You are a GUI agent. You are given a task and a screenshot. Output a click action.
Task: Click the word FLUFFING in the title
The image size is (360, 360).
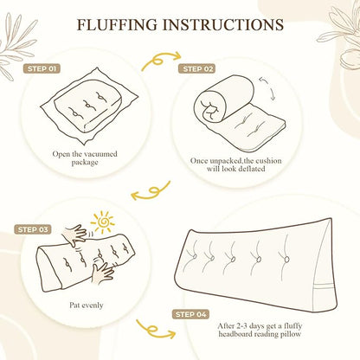(x=118, y=24)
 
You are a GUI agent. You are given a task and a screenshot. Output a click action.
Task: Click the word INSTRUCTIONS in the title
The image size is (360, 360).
(x=223, y=24)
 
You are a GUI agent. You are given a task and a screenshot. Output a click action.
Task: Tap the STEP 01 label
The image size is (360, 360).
(x=42, y=69)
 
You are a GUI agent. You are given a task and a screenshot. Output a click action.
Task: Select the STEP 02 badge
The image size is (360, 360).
(x=197, y=69)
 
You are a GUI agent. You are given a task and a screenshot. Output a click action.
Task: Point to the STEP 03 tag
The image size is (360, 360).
(x=32, y=230)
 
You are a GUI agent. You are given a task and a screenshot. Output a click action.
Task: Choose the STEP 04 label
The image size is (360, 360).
(x=191, y=314)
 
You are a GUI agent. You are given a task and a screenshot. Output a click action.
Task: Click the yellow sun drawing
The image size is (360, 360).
(x=102, y=222)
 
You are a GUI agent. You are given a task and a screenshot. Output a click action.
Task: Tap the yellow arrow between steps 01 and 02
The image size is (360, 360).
(x=161, y=61)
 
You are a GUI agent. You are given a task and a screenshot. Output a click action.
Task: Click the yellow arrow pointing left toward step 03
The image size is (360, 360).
(x=151, y=191)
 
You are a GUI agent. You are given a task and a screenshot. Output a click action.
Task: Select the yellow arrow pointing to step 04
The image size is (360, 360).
(x=155, y=329)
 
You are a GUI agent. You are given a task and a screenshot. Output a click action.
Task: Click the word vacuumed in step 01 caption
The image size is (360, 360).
(x=101, y=154)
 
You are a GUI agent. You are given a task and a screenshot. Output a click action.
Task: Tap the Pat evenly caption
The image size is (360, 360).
(x=87, y=305)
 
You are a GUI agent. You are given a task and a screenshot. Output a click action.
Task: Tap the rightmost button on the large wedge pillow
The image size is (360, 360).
(x=286, y=259)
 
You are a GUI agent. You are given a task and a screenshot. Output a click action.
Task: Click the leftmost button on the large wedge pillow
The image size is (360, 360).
(x=195, y=256)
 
